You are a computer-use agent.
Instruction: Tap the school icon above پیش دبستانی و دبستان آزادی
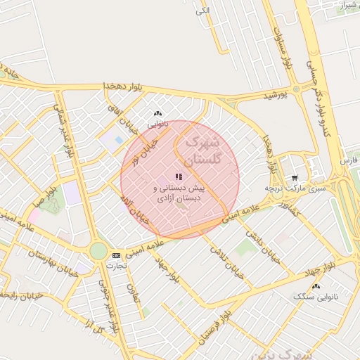click(178, 176)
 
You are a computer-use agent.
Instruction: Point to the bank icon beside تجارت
click(116, 255)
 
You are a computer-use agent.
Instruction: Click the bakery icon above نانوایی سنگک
click(316, 286)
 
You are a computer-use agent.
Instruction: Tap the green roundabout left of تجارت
click(98, 251)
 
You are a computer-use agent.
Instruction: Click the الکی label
click(202, 11)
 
